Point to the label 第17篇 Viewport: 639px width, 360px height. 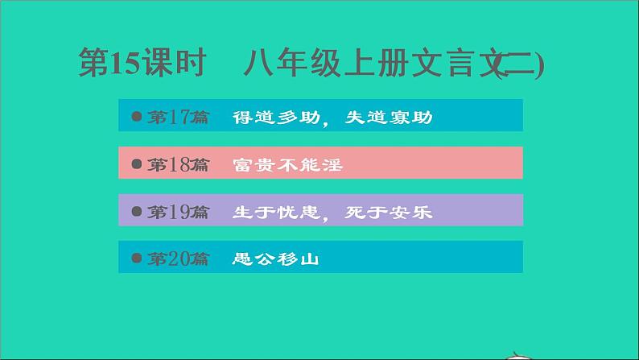(x=178, y=118)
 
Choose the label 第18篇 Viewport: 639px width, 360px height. (x=178, y=165)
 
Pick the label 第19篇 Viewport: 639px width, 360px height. (x=178, y=213)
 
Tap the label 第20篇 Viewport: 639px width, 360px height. (x=178, y=259)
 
